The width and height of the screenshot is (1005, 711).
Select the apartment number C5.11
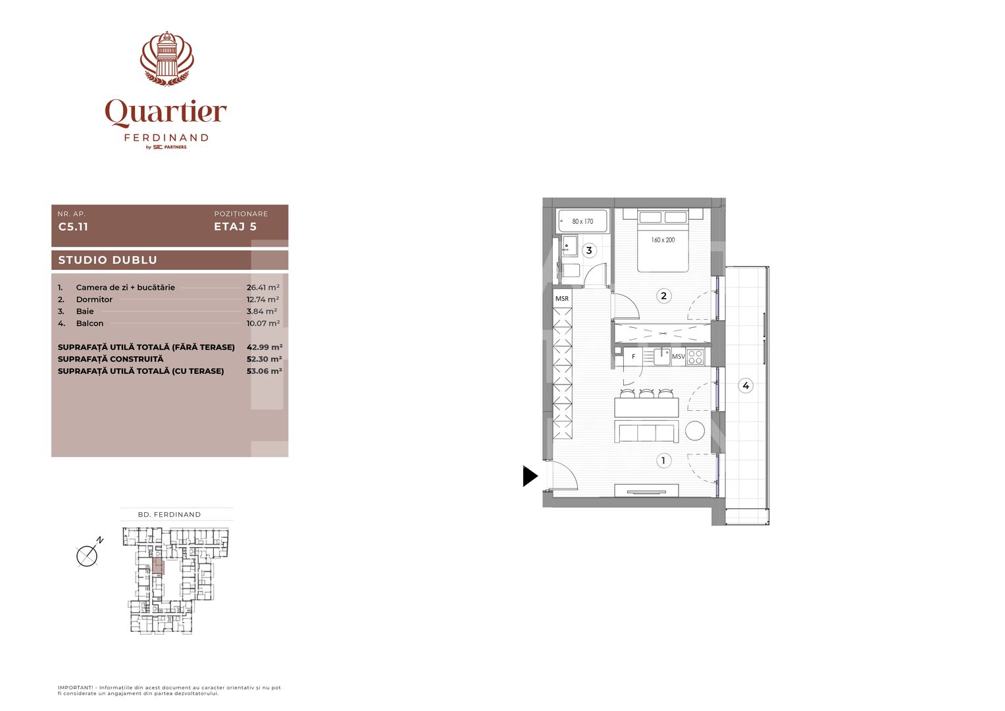tap(73, 226)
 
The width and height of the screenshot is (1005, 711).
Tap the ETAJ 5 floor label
tap(235, 226)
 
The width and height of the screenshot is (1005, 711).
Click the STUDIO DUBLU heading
tap(108, 260)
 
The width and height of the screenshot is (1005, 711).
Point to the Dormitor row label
tap(94, 300)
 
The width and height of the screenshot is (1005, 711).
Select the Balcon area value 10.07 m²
tap(263, 323)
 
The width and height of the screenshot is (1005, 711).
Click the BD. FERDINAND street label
tap(169, 515)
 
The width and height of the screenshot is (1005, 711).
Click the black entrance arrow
tap(530, 476)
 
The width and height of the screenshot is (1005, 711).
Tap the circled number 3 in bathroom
tap(589, 250)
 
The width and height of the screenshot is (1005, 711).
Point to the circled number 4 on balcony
tap(745, 386)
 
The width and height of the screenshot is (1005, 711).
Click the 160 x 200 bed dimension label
tap(663, 240)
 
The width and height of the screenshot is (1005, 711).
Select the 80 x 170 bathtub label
tap(582, 222)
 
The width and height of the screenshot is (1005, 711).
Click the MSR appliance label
tap(562, 299)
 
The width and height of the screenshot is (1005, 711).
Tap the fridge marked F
tap(633, 357)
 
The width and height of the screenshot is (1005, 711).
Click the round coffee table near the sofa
tap(695, 431)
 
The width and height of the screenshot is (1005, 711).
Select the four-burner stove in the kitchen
tap(696, 357)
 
